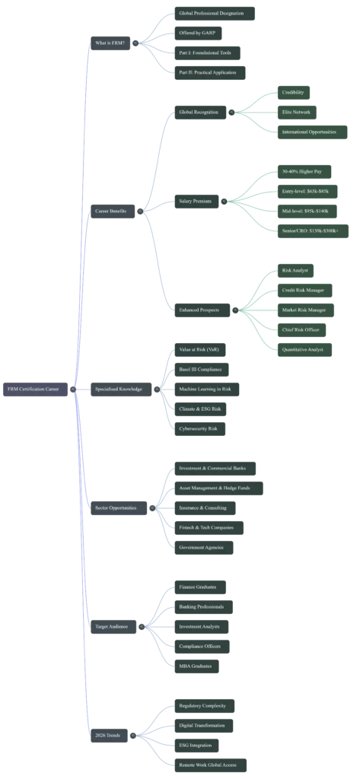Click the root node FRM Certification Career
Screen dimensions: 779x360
tap(33, 389)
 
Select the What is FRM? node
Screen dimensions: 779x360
tap(110, 43)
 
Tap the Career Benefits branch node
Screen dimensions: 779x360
tap(111, 210)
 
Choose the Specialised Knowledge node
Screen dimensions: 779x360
tap(118, 389)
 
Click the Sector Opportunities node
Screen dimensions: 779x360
tap(115, 507)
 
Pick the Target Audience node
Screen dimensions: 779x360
tap(112, 626)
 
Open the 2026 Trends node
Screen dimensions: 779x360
tap(108, 735)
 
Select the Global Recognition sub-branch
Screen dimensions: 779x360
tap(199, 112)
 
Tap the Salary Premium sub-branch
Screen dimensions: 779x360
tap(196, 201)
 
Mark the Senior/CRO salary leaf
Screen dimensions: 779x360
tap(311, 231)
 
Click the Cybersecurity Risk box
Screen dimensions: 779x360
tap(198, 428)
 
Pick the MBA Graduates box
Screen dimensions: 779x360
tap(194, 666)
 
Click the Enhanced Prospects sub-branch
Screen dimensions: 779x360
tap(200, 310)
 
